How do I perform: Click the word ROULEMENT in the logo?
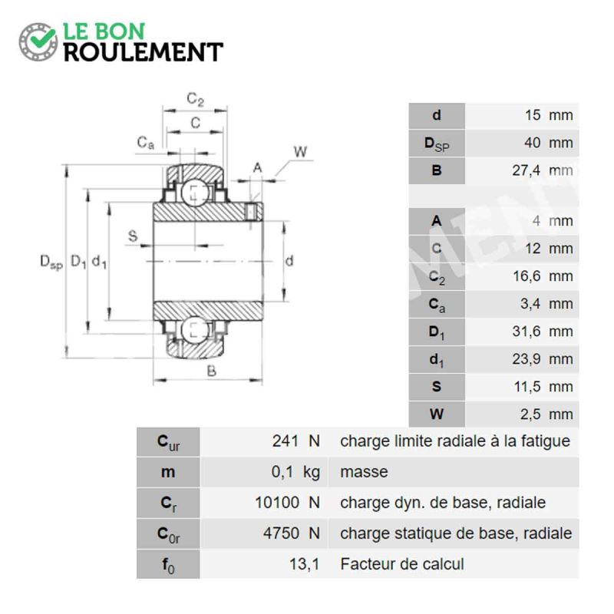tap(144, 52)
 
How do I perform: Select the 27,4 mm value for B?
tap(543, 170)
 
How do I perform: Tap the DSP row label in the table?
tap(437, 144)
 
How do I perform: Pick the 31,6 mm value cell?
tap(543, 332)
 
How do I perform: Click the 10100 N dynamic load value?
tap(287, 503)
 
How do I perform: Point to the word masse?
tap(364, 472)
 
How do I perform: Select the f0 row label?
tap(168, 565)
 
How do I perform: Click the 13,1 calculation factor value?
tap(304, 564)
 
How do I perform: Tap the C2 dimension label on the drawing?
tap(195, 99)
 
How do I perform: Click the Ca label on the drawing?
tap(145, 143)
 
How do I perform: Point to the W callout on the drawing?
tap(300, 151)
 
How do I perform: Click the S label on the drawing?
tap(133, 236)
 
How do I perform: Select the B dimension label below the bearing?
tap(212, 371)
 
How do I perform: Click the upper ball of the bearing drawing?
tap(195, 193)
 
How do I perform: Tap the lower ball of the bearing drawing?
tap(195, 330)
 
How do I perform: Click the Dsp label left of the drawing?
tap(51, 262)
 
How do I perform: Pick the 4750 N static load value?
tap(292, 533)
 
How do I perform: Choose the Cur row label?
tap(168, 443)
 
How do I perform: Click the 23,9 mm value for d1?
tap(543, 359)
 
